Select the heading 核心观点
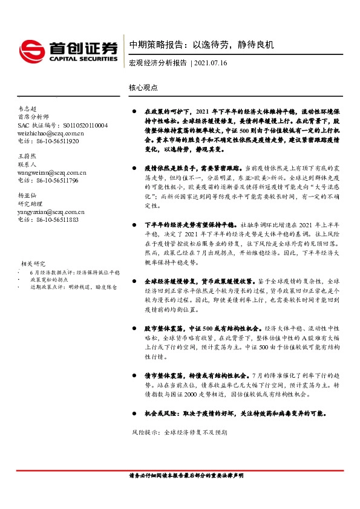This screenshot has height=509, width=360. coord(143,88)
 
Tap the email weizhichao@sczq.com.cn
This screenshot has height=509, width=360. coord(51,133)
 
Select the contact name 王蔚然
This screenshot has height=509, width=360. coord(28,156)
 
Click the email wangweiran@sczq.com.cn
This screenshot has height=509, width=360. coord(52,172)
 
